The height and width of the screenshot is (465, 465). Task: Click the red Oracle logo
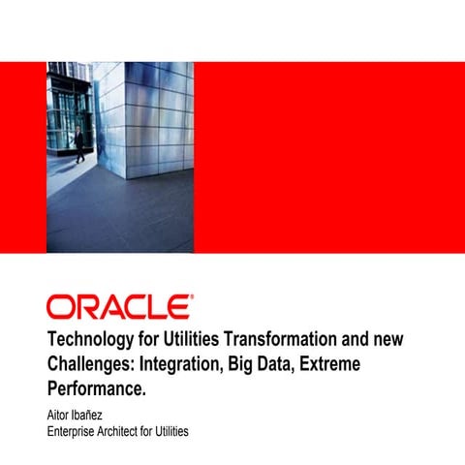pyautogui.click(x=118, y=307)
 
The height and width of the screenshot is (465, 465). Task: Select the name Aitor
pyautogui.click(x=60, y=415)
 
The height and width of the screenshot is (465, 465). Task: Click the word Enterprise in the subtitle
pyautogui.click(x=77, y=430)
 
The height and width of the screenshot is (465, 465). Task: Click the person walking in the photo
pyautogui.click(x=78, y=142)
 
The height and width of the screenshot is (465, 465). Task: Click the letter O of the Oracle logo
pyautogui.click(x=60, y=307)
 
